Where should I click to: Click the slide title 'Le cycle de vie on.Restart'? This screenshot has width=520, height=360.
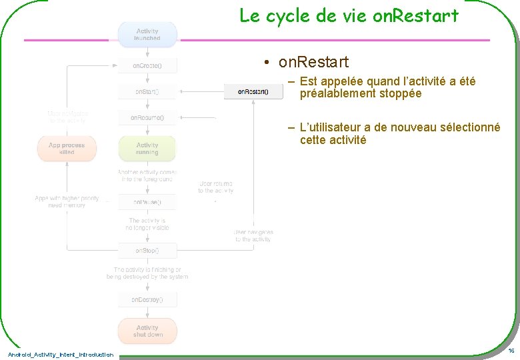[349, 15]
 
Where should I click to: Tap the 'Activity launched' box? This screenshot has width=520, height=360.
[147, 35]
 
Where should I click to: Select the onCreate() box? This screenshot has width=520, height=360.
[147, 66]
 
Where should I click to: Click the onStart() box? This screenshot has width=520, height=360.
[147, 91]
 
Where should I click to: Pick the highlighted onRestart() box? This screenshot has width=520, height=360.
[253, 91]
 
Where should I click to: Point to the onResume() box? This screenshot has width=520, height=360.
[147, 118]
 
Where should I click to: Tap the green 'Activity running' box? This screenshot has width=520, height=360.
[147, 149]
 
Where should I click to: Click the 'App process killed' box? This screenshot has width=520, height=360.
[67, 149]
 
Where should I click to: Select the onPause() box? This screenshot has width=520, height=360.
[147, 201]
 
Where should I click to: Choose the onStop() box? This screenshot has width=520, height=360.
[147, 251]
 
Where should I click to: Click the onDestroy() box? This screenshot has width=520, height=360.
[147, 299]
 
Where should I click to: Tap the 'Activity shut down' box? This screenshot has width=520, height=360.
[147, 331]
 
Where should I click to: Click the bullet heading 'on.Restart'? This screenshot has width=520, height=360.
[313, 63]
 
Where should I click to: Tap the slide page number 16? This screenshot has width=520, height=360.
[511, 351]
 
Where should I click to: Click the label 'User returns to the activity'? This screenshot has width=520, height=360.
[215, 187]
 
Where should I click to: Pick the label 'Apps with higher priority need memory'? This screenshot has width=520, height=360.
[67, 201]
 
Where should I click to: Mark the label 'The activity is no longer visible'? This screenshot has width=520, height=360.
[147, 224]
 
